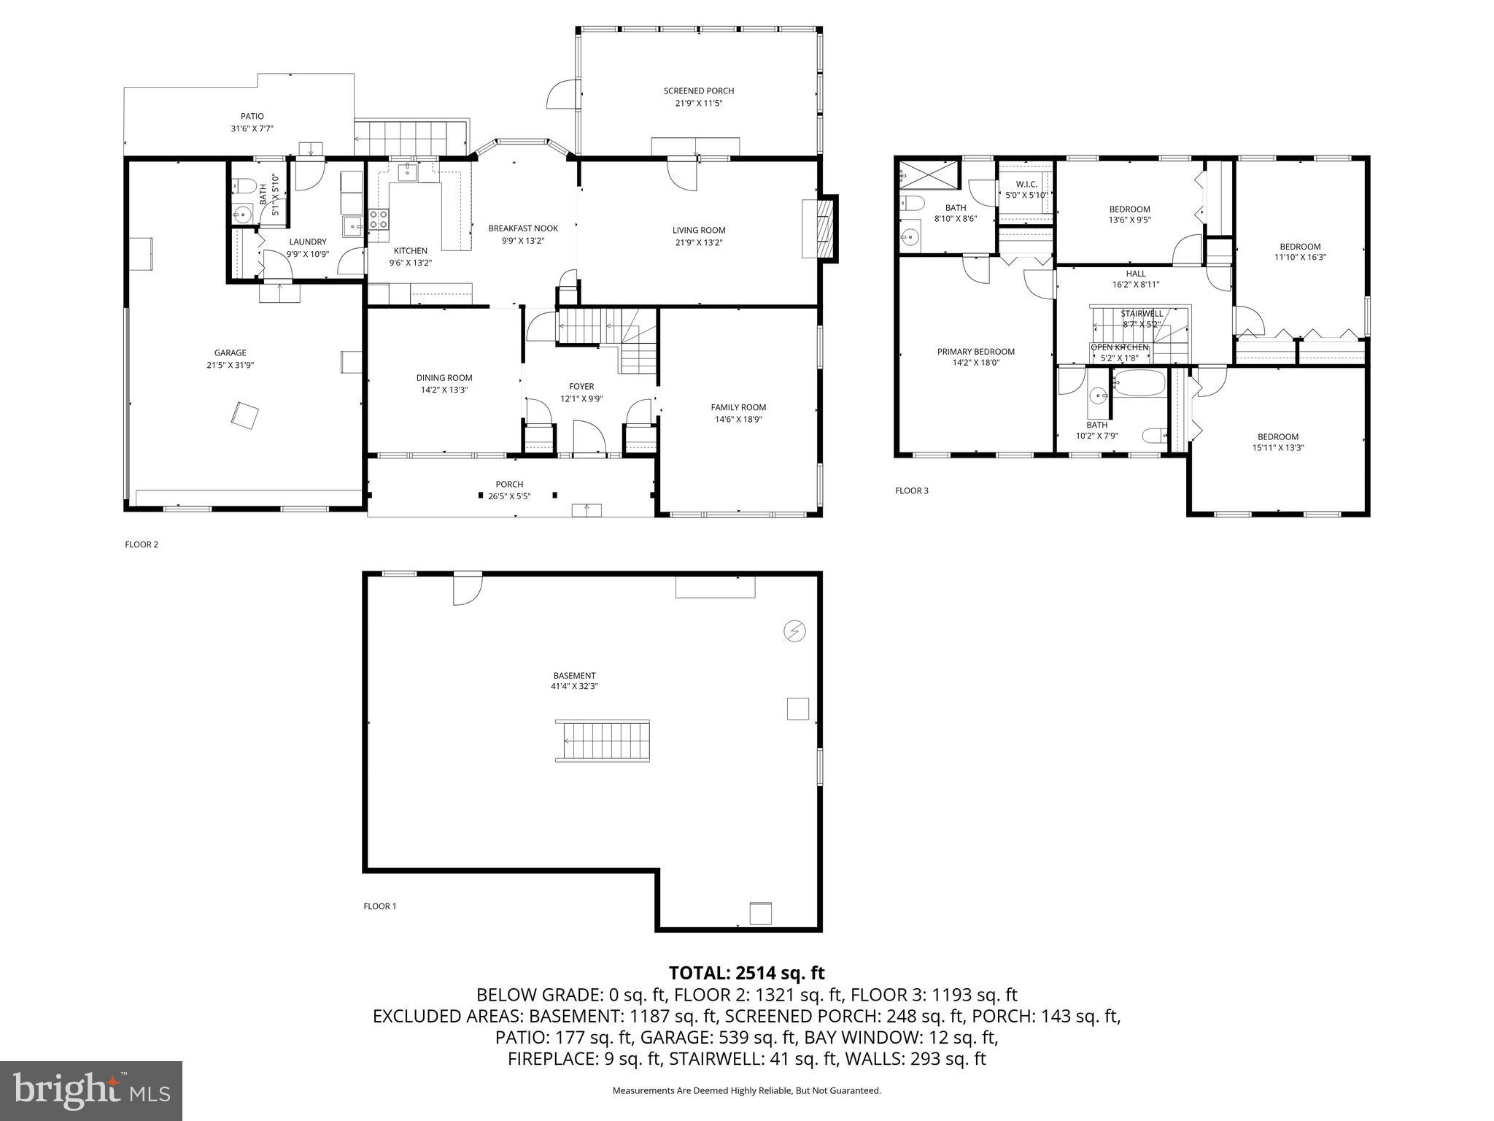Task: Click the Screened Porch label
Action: click(x=698, y=91)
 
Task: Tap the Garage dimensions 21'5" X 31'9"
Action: click(x=230, y=365)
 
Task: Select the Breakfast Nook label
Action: click(x=523, y=228)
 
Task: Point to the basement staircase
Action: click(x=603, y=741)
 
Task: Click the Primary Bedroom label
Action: click(x=975, y=352)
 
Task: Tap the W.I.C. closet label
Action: click(x=1026, y=185)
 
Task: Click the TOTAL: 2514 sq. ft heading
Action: click(x=746, y=973)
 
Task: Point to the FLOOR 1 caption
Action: click(x=379, y=906)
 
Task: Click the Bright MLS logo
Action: click(x=91, y=1091)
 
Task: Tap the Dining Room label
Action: click(x=444, y=378)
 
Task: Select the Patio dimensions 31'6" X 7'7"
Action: click(x=252, y=128)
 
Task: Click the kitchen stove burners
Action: click(x=378, y=220)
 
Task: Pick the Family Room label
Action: click(x=738, y=407)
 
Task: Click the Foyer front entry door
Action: click(x=589, y=438)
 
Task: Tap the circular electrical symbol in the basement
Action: click(x=794, y=631)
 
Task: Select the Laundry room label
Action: click(x=307, y=242)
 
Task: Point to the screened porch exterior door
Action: click(x=562, y=93)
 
